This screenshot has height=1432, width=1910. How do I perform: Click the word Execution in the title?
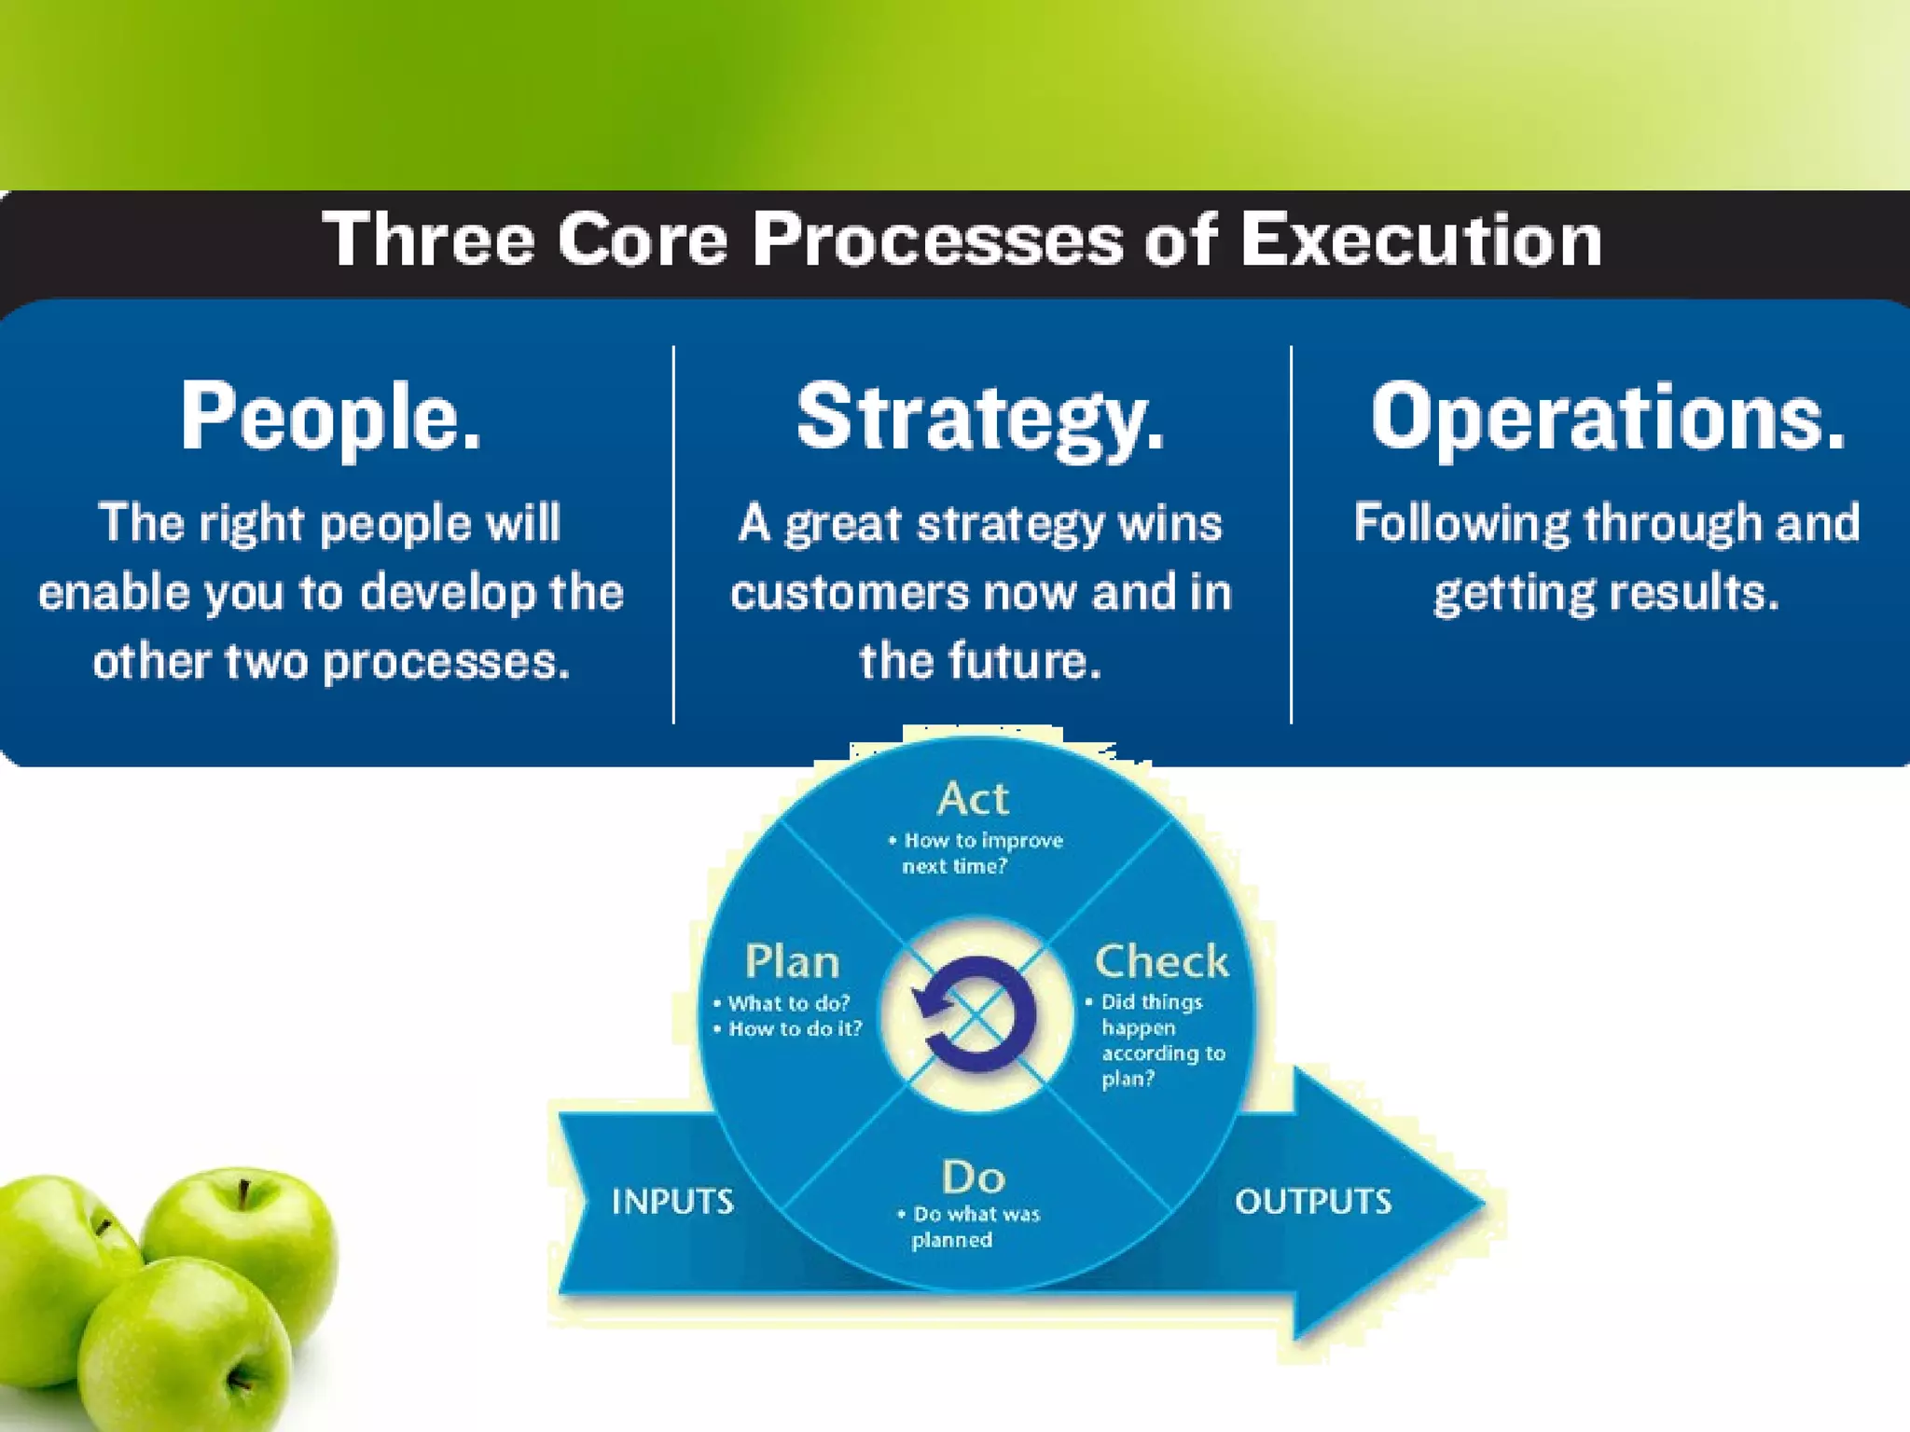pos(1420,240)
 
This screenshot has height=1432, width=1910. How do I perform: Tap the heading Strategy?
pos(980,418)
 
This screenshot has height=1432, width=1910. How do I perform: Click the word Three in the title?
pos(428,240)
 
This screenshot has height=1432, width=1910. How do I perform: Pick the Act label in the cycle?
pos(973,799)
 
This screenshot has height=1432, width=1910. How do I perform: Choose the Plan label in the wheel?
pos(792,961)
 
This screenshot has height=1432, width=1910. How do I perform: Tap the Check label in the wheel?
pos(1161,961)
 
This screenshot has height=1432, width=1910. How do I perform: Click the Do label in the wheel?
pos(973,1177)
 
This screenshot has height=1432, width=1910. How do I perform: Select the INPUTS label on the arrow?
pos(672,1202)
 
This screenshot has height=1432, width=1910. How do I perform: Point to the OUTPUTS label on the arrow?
pos(1313,1202)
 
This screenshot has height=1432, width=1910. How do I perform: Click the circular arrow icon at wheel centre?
pos(975,1016)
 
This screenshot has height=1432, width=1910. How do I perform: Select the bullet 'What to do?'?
pos(788,1003)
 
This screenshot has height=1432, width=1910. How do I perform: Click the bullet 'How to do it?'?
pos(795,1029)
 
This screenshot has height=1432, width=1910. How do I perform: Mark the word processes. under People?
pos(446,663)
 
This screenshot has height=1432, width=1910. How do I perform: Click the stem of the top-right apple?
pos(243,1193)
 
